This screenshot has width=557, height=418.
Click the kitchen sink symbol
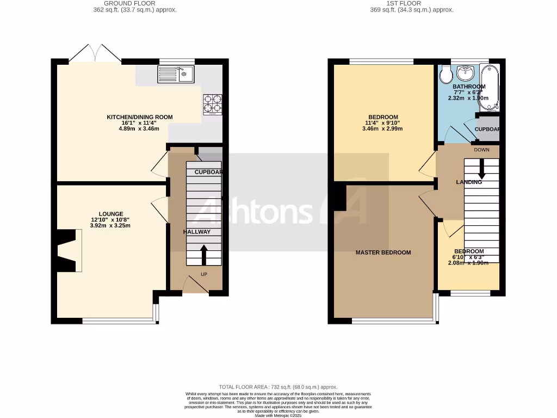tap(176, 74)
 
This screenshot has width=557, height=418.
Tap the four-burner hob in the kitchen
tap(213, 104)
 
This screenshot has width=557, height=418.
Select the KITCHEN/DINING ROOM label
tap(140, 117)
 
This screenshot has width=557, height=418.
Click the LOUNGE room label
tap(110, 214)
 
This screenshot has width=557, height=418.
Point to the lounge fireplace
tap(67, 250)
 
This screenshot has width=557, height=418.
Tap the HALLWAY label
tap(197, 232)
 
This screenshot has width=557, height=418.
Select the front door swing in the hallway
tap(194, 285)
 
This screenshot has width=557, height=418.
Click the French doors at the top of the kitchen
tap(95, 53)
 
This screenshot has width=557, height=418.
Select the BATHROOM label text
tap(469, 87)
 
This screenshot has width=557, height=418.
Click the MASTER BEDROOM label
tap(383, 253)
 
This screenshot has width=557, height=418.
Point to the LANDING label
tap(469, 182)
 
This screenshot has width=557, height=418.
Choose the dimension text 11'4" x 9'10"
tap(383, 123)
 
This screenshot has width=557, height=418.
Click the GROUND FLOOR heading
tap(134, 3)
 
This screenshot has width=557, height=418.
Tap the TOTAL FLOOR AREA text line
tap(278, 386)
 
